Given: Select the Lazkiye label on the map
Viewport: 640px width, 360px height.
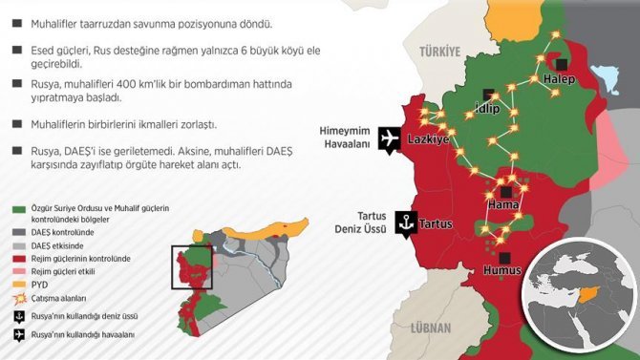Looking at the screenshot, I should click(x=428, y=139).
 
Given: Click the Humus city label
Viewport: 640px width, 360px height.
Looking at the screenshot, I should click(x=502, y=271).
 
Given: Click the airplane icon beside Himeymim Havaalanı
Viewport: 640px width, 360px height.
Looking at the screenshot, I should click(x=389, y=138).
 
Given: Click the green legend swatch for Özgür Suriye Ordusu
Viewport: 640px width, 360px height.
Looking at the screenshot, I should click(x=16, y=210).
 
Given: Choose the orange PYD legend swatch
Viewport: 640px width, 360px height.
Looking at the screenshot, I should click(x=16, y=284).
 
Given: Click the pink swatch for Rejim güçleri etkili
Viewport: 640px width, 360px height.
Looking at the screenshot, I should click(x=16, y=271).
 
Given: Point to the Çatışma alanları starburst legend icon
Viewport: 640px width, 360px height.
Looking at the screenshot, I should click(x=16, y=298).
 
